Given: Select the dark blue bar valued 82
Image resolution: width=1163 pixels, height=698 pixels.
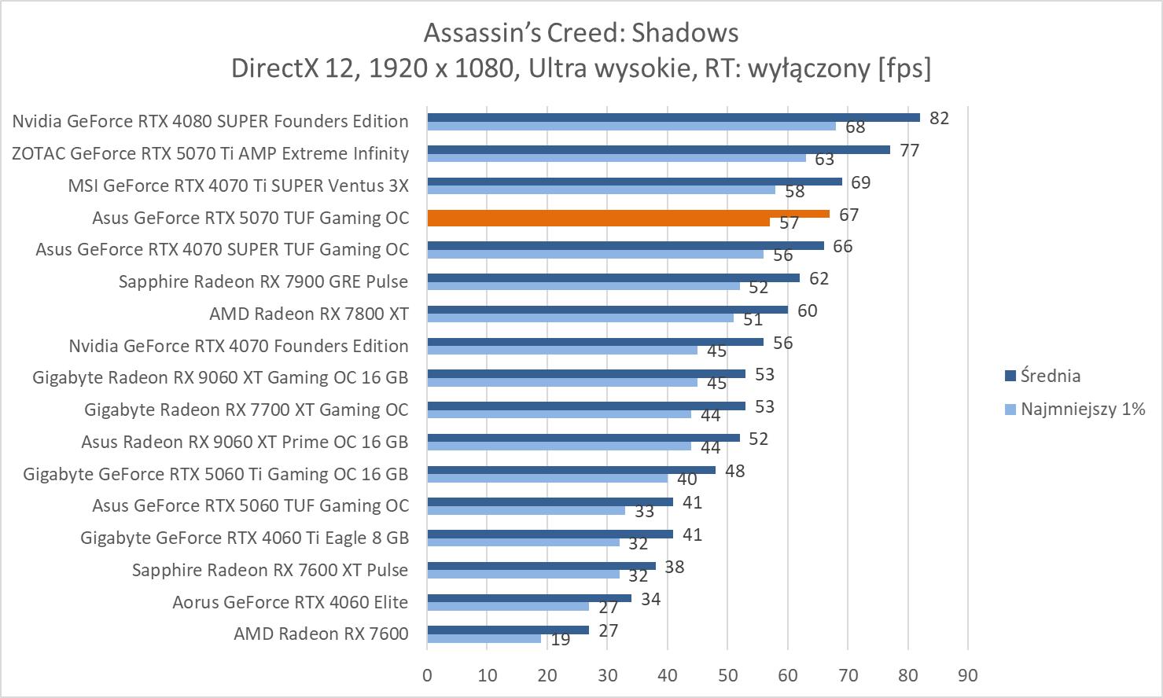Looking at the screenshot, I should point(673,117).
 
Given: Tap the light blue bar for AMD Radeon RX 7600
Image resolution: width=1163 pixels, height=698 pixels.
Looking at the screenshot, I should point(484,638).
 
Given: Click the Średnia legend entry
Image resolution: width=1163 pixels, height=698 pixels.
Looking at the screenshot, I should point(1050,376).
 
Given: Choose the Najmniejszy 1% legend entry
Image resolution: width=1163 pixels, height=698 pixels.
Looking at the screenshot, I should point(1082,409).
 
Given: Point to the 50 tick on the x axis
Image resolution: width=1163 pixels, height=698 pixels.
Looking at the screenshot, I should point(727,675).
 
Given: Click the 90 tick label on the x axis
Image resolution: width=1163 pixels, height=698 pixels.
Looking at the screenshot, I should point(968,675).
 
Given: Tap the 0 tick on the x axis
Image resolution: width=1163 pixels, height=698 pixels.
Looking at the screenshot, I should point(427,675).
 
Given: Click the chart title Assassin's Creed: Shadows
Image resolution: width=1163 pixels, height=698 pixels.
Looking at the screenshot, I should point(581,32).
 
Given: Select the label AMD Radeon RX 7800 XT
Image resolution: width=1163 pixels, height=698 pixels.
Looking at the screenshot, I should point(309,314).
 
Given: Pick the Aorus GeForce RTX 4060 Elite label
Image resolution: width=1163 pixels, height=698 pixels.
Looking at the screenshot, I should point(290,602).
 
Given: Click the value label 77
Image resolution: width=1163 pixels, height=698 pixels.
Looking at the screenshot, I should point(910,150).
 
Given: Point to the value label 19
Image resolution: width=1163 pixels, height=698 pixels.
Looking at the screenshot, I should point(560,640).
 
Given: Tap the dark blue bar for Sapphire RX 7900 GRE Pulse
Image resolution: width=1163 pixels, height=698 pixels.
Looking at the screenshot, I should point(613,277).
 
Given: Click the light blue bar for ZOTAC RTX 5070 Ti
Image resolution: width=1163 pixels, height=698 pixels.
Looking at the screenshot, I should point(616,157).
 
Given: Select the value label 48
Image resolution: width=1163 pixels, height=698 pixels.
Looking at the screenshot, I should point(734,471).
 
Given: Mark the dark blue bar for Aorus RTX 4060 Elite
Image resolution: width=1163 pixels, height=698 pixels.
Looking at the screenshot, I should point(528,598).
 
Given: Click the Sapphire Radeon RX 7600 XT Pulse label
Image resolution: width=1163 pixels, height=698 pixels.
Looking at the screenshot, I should point(270,570).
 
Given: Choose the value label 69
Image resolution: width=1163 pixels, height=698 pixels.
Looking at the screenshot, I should point(861,182).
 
